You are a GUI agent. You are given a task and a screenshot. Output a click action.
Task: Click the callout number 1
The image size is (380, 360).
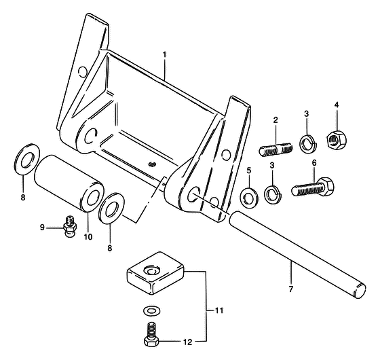coord(164,54)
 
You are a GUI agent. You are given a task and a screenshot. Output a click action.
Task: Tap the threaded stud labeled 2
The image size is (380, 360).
coord(275,149)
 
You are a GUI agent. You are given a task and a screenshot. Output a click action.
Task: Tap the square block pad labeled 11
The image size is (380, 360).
coord(155,272)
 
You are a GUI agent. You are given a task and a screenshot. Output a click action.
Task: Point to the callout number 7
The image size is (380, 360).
coord(291,289)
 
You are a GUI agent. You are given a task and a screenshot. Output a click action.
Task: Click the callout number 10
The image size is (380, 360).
coord(88,236)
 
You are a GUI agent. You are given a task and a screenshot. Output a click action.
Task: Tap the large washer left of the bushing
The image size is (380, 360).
coord(27,159)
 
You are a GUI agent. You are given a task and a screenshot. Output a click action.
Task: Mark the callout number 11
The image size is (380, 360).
coord(218,310)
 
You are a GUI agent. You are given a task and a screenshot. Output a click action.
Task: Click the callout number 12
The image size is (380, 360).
coord(187,342)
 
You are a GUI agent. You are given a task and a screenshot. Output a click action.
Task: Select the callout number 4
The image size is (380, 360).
coord(337,105)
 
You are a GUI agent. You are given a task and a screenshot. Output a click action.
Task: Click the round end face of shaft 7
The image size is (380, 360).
coord(360,291)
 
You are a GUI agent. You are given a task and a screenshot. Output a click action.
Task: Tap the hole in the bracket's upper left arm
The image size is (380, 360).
coord(83,71)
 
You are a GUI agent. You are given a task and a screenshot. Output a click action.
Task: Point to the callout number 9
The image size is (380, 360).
coord(42,228)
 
